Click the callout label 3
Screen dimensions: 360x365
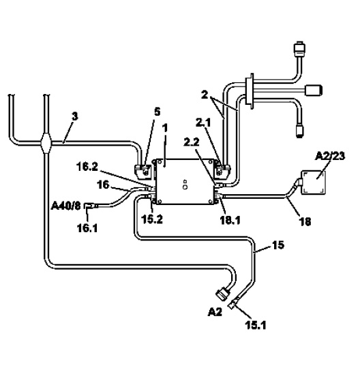[x=75, y=116]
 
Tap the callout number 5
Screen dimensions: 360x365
[x=157, y=112]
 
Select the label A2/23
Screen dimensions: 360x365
[x=330, y=156]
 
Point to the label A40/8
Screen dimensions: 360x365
[x=65, y=206]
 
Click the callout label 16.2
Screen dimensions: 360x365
[x=87, y=167]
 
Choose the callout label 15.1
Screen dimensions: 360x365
[x=256, y=325]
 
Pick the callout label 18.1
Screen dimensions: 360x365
[x=230, y=220]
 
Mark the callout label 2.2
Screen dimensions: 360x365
[x=192, y=142]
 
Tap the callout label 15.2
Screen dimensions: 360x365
[x=152, y=219]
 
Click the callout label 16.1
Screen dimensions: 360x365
[x=87, y=228]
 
